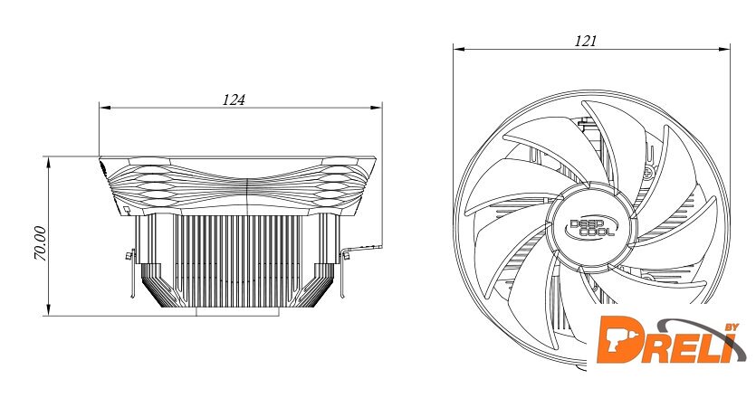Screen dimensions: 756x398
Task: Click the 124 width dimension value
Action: [x=234, y=99]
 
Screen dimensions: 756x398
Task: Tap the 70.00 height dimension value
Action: [x=40, y=243]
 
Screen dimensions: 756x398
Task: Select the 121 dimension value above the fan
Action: [x=585, y=41]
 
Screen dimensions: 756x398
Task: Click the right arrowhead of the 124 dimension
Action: [x=377, y=108]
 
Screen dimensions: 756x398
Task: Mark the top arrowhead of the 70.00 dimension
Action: [x=49, y=162]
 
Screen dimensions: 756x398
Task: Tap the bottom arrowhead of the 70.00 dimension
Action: [x=49, y=310]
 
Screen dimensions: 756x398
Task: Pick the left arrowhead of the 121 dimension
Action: [x=458, y=49]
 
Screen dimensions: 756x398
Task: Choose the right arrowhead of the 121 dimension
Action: [x=724, y=49]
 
